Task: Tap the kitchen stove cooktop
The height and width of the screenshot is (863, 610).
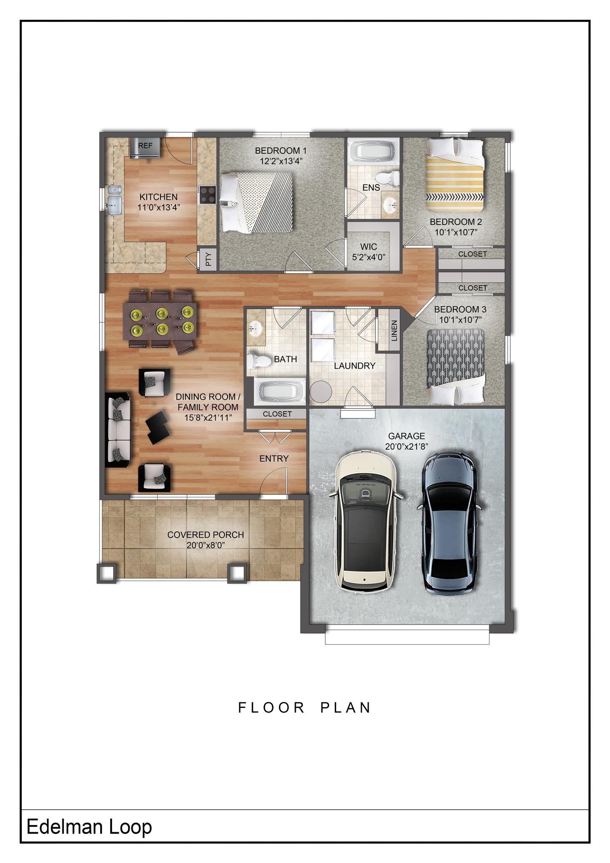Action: [x=207, y=195]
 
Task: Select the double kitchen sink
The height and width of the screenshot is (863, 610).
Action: [x=114, y=200]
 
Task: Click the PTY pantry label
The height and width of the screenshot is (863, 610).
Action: [x=208, y=259]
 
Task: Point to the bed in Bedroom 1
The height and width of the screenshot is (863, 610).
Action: [x=257, y=202]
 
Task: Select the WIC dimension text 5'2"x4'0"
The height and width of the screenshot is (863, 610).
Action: [x=369, y=257]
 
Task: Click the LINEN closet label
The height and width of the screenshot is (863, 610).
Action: [x=394, y=330]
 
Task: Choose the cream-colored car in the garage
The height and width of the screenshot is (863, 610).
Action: [x=366, y=522]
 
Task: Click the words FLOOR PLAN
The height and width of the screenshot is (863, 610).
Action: [x=305, y=708]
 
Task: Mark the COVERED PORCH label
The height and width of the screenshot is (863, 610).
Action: [x=206, y=535]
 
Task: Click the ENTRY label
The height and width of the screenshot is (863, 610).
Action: [x=274, y=458]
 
